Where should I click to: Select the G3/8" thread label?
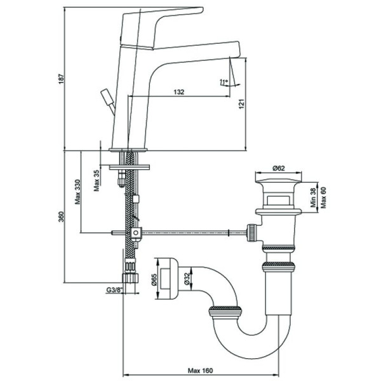[x=115, y=290]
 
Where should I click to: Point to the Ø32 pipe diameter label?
[x=188, y=279]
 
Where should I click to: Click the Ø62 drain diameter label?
[x=277, y=168]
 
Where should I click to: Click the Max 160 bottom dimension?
[x=201, y=370]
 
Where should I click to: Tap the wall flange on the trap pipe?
[x=166, y=277]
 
